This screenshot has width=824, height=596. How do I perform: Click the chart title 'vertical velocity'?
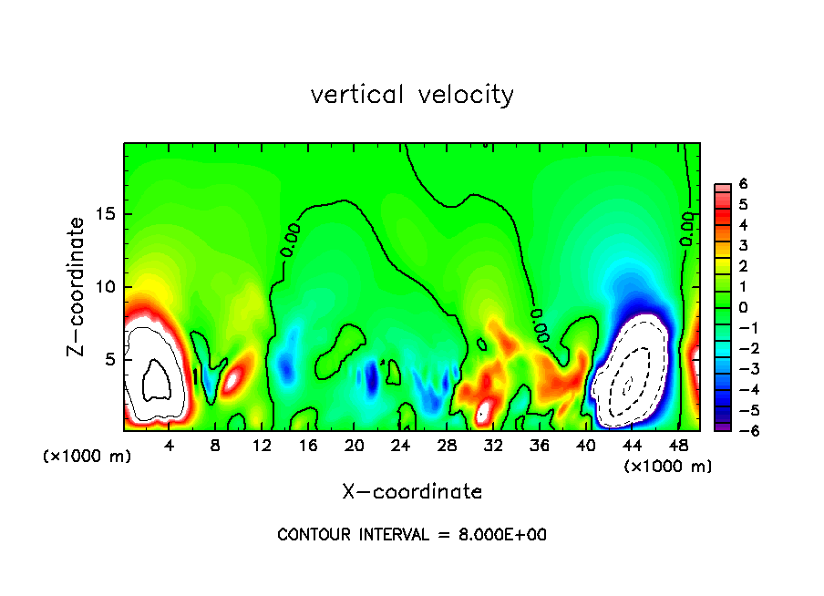pos(412,95)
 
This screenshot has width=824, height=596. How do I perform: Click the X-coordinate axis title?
pos(412,491)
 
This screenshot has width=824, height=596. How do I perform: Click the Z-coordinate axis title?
pos(77,286)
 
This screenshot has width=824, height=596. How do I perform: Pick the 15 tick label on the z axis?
pos(106,214)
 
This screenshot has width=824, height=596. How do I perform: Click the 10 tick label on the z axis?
pos(106,286)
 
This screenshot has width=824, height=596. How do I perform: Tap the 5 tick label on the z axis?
pos(110,359)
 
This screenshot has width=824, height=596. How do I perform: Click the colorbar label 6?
pos(743,184)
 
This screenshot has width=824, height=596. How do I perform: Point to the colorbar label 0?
pos(743,307)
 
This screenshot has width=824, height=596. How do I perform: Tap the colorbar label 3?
pos(743,245)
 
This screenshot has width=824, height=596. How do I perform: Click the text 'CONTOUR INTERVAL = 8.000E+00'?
pos(412,535)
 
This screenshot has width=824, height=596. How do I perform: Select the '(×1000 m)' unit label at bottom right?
pos(668,467)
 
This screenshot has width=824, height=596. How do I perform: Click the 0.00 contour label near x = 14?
pos(289,238)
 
